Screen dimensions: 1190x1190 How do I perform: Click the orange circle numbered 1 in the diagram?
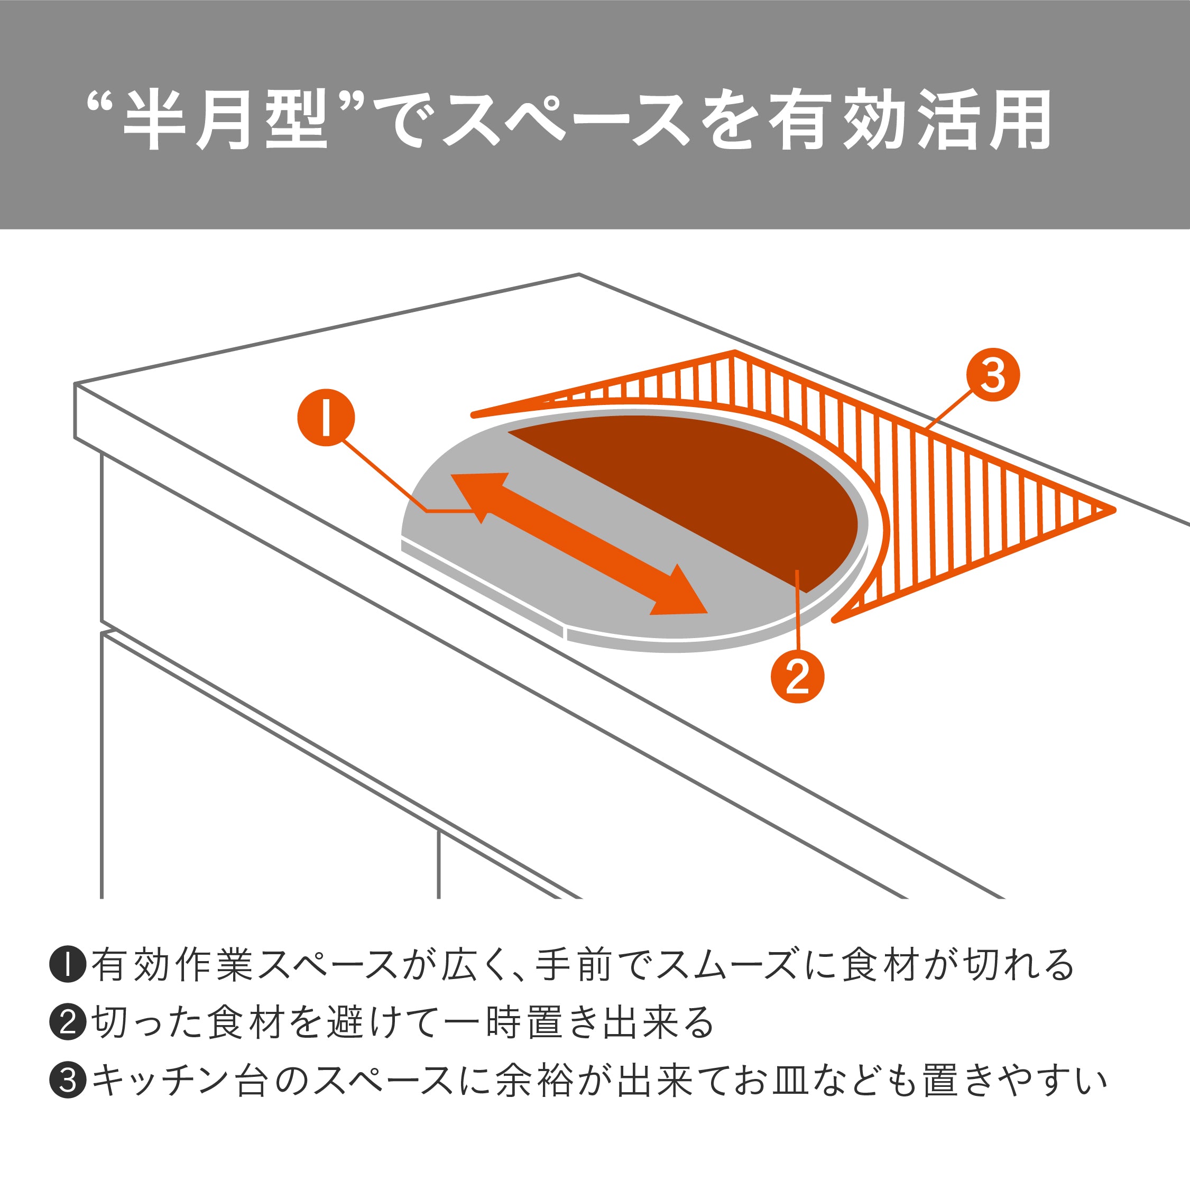326,418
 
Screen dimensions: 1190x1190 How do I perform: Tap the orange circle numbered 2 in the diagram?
797,676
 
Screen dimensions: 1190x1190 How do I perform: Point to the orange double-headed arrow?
579,544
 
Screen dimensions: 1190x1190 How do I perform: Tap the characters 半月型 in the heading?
225,120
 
